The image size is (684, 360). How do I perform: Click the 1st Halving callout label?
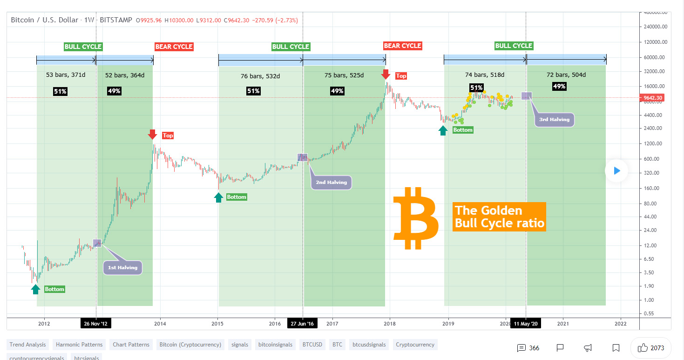(122, 267)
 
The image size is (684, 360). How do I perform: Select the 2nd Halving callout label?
(331, 182)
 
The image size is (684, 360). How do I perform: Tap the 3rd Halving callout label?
(554, 119)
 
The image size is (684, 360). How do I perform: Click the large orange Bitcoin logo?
(415, 218)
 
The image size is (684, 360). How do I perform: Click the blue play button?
(616, 171)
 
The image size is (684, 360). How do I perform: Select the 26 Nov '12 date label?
(96, 323)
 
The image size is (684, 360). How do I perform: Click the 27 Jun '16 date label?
(303, 323)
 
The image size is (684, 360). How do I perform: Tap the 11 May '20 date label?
(526, 323)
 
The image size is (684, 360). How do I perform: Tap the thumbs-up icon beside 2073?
(643, 347)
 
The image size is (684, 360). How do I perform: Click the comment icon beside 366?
(521, 348)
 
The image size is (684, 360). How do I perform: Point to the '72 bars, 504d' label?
(566, 75)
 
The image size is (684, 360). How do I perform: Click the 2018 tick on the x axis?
(390, 323)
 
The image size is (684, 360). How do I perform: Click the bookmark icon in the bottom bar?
(616, 348)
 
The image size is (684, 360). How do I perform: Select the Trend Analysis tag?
(28, 345)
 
